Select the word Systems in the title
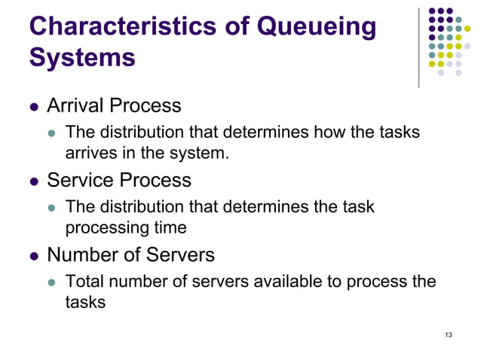click(82, 57)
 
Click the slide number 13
click(449, 334)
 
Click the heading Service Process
click(119, 181)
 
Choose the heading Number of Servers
click(130, 255)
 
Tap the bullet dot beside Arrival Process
click(33, 106)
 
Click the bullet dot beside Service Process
click(33, 182)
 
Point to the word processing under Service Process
click(109, 226)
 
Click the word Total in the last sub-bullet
click(83, 282)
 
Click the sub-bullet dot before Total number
click(52, 283)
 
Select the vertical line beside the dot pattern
click(419, 47)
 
